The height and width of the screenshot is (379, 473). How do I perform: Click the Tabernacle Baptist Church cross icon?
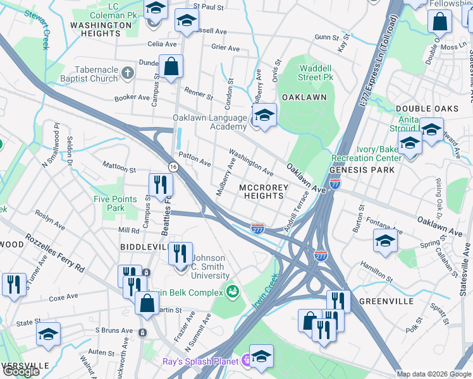(127, 71)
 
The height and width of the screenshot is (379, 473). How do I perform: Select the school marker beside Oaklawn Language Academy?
(264, 116)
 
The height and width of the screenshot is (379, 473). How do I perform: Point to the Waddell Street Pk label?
(307, 73)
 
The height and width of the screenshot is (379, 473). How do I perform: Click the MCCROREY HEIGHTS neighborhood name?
(263, 191)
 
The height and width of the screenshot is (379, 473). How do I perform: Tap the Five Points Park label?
(115, 203)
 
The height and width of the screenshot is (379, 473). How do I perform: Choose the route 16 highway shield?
(173, 165)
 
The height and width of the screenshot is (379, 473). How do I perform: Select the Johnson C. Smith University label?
(210, 267)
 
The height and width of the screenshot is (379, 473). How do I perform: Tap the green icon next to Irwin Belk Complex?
(232, 291)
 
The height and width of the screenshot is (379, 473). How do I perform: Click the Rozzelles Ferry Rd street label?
(54, 253)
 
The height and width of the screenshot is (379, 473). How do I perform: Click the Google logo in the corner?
(21, 371)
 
